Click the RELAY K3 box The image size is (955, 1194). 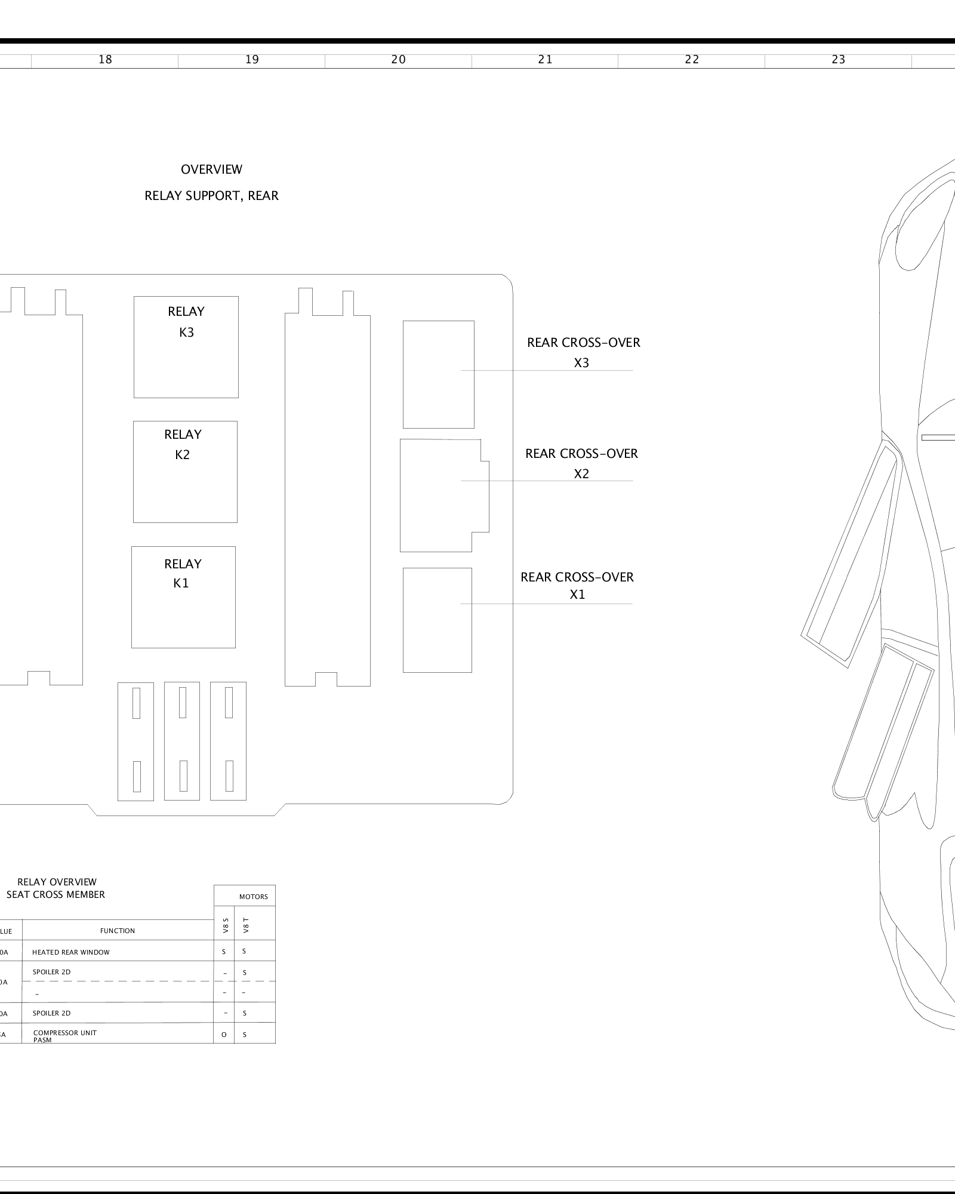[186, 347]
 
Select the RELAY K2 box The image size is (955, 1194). [185, 472]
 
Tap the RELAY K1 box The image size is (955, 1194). [183, 597]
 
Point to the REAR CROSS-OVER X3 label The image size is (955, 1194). [583, 352]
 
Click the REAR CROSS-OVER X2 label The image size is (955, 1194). [581, 463]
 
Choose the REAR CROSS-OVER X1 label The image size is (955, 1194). [577, 586]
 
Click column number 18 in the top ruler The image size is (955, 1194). [105, 60]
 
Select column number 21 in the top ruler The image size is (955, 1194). [545, 60]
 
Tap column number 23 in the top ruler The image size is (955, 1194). [838, 60]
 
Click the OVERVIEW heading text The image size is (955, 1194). [211, 170]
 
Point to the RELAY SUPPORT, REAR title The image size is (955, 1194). [211, 196]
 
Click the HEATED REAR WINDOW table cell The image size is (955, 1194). [71, 952]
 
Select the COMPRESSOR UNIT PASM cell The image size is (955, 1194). [64, 1036]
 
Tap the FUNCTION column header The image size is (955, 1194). [118, 931]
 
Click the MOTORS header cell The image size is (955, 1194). [254, 897]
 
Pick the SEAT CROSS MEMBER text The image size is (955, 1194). [56, 894]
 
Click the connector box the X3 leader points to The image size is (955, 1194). [438, 374]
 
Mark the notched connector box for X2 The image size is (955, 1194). [442, 496]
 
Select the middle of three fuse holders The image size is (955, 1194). [182, 741]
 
